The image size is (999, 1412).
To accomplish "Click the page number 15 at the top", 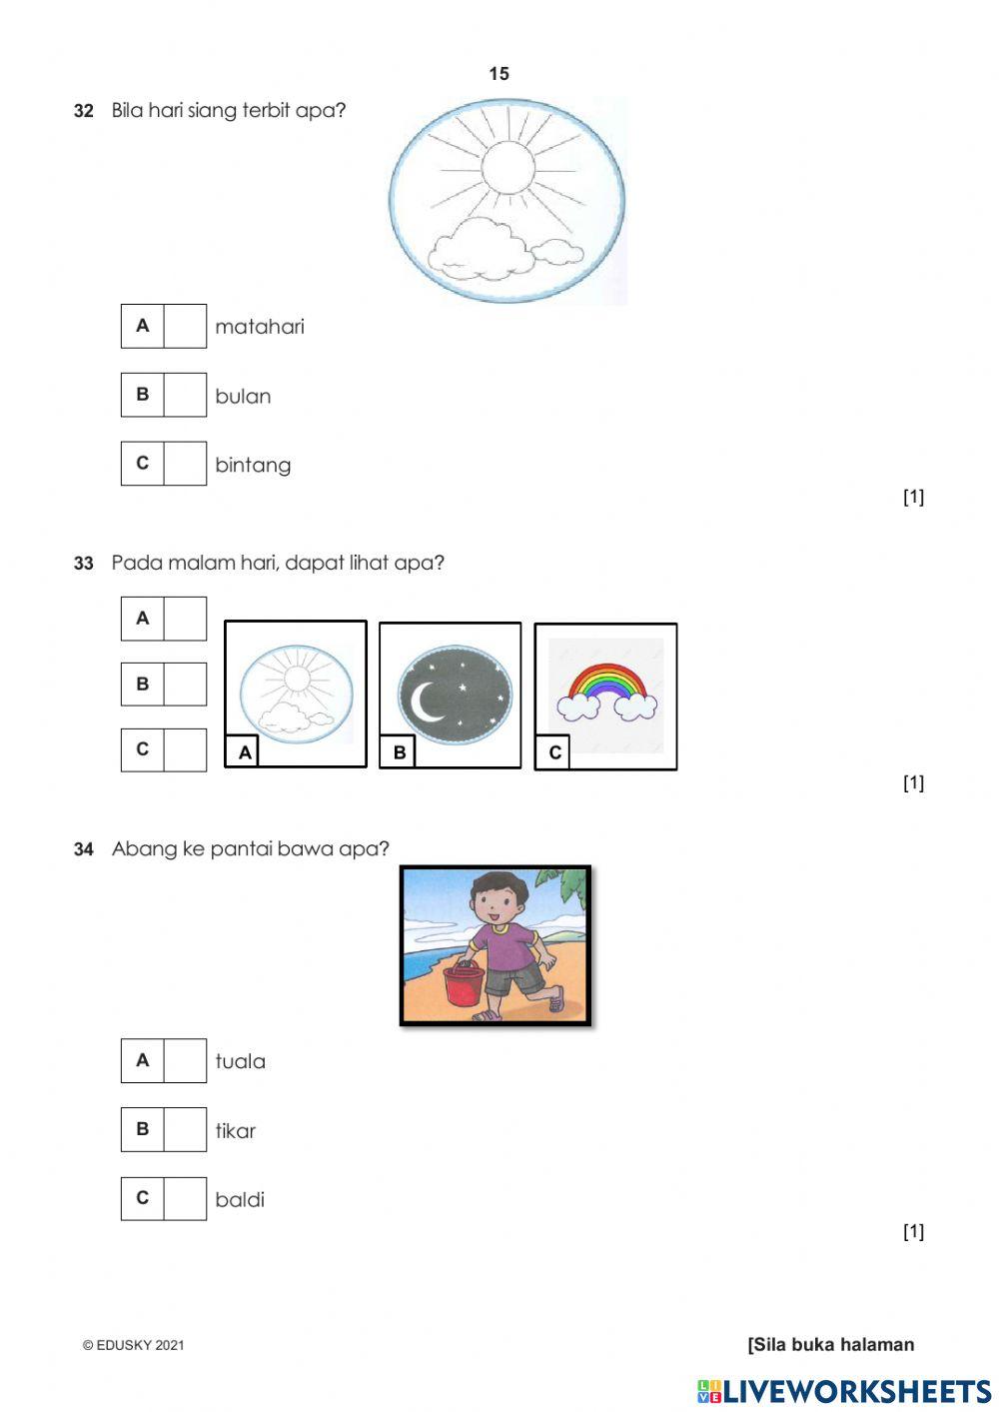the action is (499, 74).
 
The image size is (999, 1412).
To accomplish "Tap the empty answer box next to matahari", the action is (185, 326).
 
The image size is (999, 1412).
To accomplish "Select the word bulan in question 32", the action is (243, 396).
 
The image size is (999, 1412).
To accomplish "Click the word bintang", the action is (253, 466).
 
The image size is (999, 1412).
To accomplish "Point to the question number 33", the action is (83, 563).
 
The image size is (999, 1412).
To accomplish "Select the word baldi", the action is (240, 1199).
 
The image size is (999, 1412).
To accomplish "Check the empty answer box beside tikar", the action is (185, 1129).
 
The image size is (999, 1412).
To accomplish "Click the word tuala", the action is (240, 1061).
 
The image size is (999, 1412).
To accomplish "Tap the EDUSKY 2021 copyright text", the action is (133, 1345).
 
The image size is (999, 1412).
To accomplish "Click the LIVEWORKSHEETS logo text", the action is (844, 1392).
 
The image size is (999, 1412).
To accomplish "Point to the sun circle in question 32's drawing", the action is (508, 168).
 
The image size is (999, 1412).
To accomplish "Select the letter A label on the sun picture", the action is (245, 752).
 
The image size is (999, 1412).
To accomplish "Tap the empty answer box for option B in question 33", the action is (185, 684).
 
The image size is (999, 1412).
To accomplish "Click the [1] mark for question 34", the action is (913, 1230).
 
